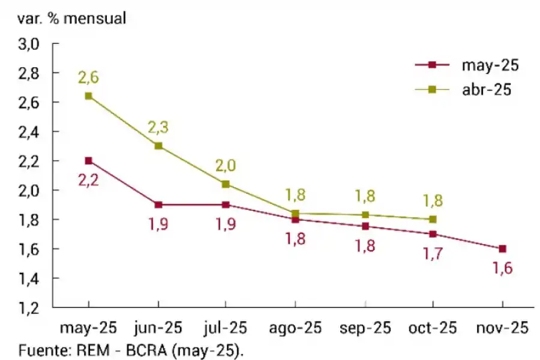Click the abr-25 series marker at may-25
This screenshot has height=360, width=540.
coord(89,96)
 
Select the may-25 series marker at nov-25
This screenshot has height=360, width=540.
coord(503,248)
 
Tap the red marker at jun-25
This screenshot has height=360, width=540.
coord(158,205)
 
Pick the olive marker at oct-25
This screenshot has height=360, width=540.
coord(433,219)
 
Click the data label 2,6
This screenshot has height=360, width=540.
coord(88,77)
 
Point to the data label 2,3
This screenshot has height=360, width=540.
coord(158,127)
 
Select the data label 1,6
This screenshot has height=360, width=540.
coord(503,268)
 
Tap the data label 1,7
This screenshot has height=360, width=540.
coord(433,254)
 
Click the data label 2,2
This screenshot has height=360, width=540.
coord(88,179)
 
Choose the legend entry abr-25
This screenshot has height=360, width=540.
coord(486,89)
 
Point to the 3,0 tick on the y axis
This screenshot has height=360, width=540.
coord(30,44)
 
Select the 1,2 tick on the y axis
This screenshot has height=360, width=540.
coord(30,308)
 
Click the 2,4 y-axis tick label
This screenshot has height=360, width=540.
coord(30,131)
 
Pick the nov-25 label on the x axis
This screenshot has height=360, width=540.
coord(503,328)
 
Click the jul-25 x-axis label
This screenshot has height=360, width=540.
coord(226,328)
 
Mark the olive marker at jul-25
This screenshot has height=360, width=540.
coord(226,184)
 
